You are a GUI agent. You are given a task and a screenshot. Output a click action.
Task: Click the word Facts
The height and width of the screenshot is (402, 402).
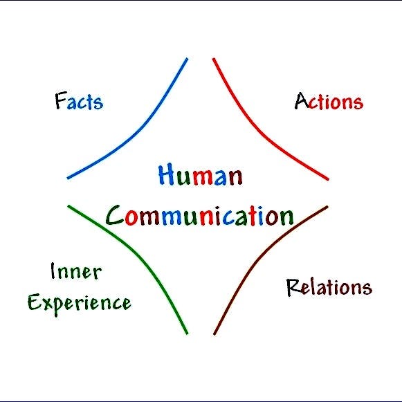[x=79, y=101]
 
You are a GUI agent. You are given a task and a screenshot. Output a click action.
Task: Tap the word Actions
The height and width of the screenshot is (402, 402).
[x=329, y=101]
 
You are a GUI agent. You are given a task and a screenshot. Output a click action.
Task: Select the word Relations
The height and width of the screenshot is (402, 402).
[x=329, y=287]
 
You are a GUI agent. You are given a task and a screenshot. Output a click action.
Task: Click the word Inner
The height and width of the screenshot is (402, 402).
[x=76, y=271]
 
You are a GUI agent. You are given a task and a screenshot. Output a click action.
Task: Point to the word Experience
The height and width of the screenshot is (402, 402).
[x=80, y=304]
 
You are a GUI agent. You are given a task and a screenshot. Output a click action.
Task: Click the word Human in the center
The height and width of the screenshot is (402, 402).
[x=201, y=175]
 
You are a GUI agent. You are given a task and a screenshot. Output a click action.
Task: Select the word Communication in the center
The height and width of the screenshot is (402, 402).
[x=200, y=216]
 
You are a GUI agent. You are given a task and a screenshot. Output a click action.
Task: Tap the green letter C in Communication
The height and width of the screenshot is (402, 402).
[x=115, y=215]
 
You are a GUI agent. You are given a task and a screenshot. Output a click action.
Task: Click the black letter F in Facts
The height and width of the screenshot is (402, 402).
[x=61, y=100]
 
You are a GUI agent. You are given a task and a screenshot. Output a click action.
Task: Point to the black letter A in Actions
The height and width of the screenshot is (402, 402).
[x=302, y=100]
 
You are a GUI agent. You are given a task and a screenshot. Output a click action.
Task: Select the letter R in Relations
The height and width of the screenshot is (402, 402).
[x=293, y=287]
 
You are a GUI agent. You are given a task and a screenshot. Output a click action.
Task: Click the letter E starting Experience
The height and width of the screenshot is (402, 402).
[x=35, y=302]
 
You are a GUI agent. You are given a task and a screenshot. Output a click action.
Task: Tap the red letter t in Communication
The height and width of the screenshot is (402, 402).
[x=253, y=215]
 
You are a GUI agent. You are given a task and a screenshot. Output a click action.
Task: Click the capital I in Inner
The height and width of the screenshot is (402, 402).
[x=53, y=271]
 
